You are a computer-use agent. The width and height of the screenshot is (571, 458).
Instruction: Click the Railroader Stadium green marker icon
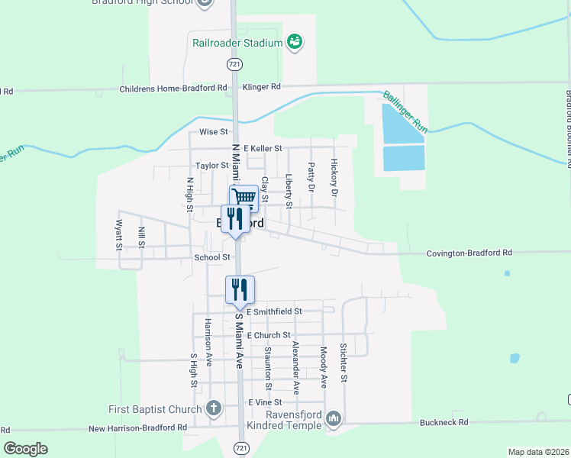294,41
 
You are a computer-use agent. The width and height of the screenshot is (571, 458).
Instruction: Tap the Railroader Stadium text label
232,43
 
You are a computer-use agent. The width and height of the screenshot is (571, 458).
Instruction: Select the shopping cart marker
244,198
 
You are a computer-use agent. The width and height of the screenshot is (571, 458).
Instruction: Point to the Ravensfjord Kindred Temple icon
334,418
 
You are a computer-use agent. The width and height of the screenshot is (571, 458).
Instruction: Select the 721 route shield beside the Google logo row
242,447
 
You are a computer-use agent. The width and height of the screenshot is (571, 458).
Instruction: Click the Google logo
26,449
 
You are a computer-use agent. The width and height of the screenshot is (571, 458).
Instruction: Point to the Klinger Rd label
262,87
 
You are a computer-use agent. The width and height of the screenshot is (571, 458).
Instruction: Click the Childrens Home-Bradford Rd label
173,89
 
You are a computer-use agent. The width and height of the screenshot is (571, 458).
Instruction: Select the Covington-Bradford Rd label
469,253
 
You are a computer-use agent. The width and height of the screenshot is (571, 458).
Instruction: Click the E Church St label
268,335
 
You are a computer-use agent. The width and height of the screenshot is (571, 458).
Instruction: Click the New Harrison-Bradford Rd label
137,429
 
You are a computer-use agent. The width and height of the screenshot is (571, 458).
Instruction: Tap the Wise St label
209,132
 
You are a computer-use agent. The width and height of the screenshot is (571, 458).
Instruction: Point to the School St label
212,257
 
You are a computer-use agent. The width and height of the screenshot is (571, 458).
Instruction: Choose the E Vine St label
265,402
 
